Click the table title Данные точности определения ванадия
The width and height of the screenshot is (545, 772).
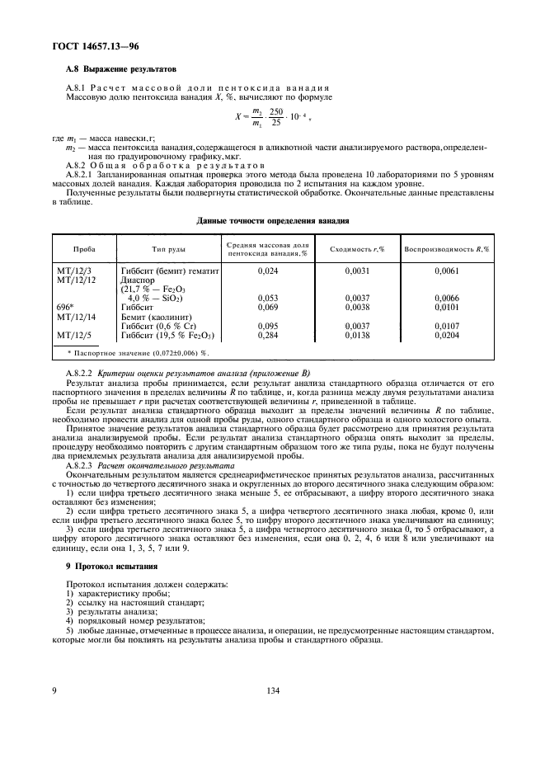tap(272, 221)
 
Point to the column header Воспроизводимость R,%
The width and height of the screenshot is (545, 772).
tap(445, 249)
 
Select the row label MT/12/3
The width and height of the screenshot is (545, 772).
tap(75, 271)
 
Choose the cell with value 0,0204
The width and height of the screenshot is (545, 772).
tap(445, 335)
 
